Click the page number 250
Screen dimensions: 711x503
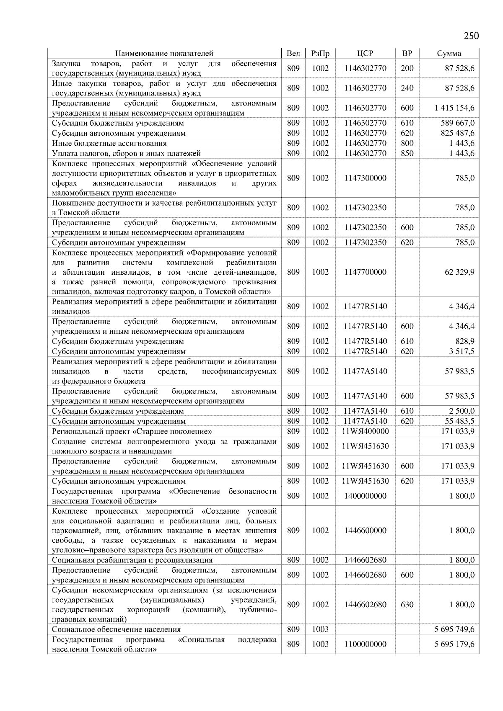(x=471, y=36)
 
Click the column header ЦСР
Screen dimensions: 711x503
(x=365, y=53)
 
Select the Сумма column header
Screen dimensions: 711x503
(x=449, y=53)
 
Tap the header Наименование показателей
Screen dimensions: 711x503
(x=164, y=53)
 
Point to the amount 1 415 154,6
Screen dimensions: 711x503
(x=454, y=108)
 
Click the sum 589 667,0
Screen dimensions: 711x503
(x=457, y=123)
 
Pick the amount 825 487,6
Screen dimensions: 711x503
(x=457, y=133)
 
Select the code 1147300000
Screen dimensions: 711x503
(x=365, y=178)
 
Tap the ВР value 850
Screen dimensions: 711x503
(x=407, y=153)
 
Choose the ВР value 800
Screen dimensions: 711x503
(x=407, y=143)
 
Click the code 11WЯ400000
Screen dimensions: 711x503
(x=365, y=431)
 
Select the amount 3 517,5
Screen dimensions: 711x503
(x=462, y=351)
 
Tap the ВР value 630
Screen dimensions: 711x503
(x=407, y=605)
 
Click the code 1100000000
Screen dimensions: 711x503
(x=365, y=644)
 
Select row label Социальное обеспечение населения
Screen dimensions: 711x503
(x=117, y=629)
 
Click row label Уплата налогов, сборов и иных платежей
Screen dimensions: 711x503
(x=126, y=153)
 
